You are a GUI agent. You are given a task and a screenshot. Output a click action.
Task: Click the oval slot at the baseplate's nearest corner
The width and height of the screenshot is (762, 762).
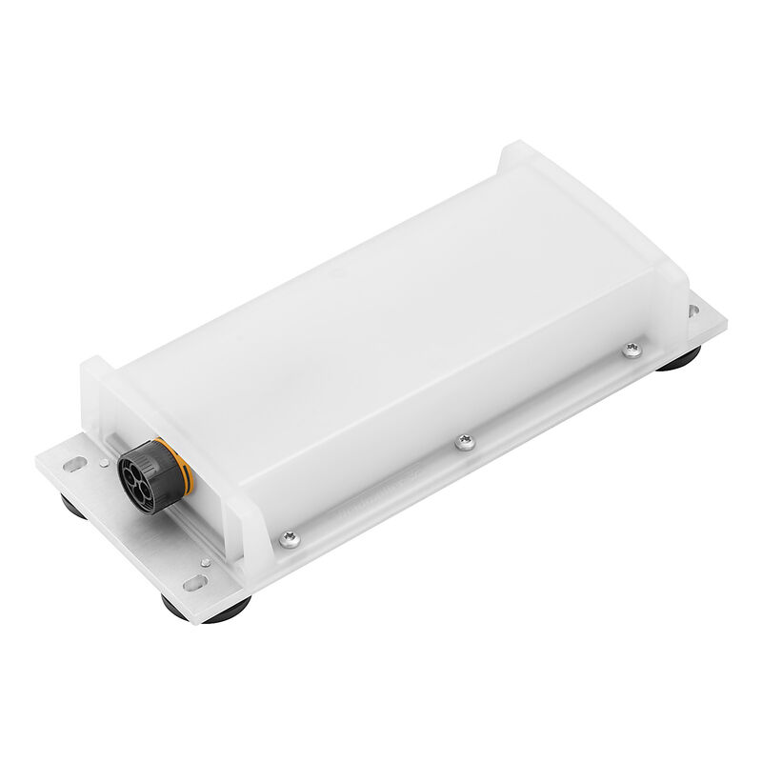pos(198,580)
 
